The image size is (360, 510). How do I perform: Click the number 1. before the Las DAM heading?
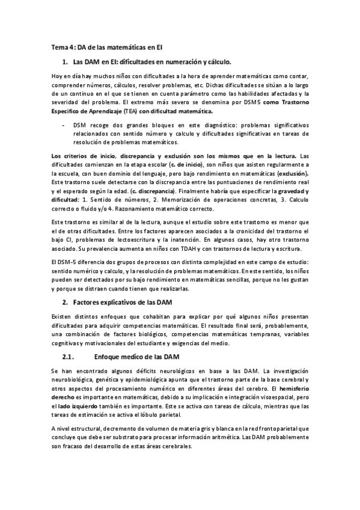pyautogui.click(x=65, y=62)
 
